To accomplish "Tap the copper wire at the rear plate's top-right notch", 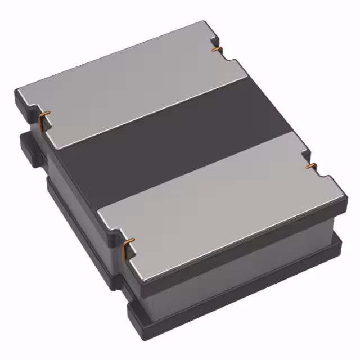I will tap(215, 50).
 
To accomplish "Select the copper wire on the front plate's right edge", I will tap(309, 166).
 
